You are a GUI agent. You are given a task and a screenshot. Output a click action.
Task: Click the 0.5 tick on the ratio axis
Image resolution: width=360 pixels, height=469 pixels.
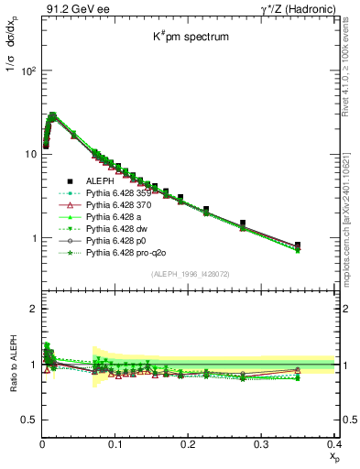tap(32, 420)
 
